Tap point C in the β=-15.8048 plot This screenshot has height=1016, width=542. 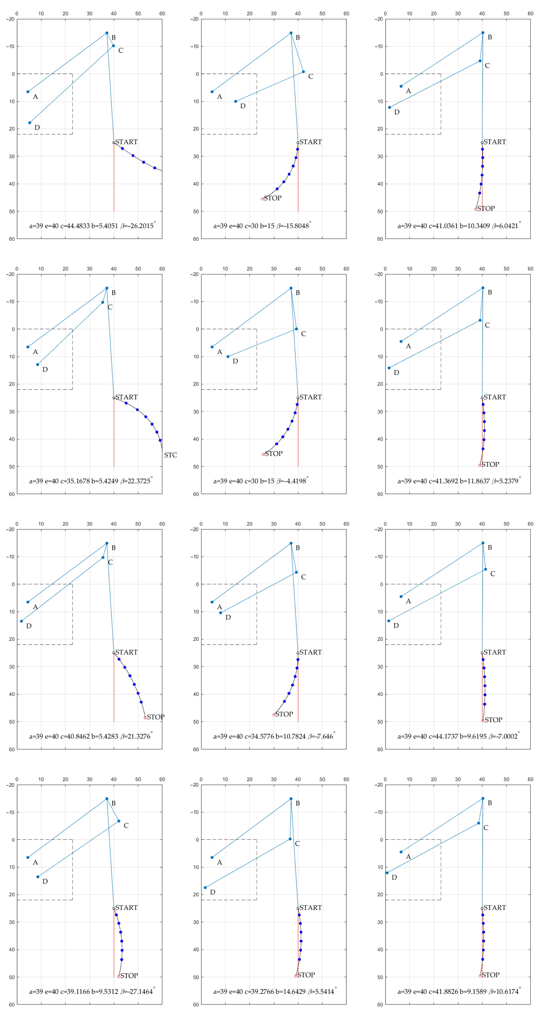pyautogui.click(x=303, y=72)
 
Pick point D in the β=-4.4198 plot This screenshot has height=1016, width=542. pyautogui.click(x=228, y=357)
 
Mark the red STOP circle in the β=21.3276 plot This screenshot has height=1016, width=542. pyautogui.click(x=145, y=718)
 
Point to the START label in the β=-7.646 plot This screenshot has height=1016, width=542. pyautogui.click(x=311, y=652)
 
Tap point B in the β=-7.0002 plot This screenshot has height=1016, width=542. pyautogui.click(x=483, y=543)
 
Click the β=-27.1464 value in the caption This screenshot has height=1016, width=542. pyautogui.click(x=136, y=992)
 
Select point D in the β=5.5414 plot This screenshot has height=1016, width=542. pyautogui.click(x=205, y=888)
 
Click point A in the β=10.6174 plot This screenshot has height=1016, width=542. pyautogui.click(x=401, y=852)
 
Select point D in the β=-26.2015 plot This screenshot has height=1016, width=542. pyautogui.click(x=30, y=123)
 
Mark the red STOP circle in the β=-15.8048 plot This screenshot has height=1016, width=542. pyautogui.click(x=263, y=199)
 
